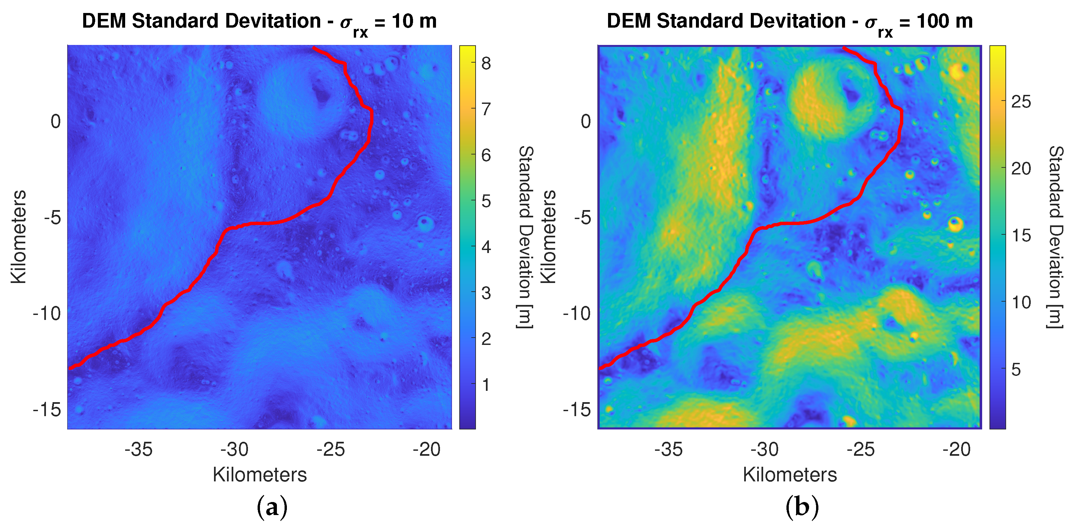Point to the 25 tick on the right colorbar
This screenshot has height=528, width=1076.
click(1021, 102)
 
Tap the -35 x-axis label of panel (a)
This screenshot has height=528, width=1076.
click(139, 450)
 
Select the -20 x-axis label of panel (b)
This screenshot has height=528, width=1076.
click(957, 450)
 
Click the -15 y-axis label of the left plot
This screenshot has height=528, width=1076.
click(47, 410)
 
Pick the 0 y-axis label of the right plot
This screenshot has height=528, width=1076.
click(586, 122)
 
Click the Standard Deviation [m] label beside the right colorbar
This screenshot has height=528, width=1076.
click(1056, 237)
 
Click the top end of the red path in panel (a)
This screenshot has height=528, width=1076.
click(314, 48)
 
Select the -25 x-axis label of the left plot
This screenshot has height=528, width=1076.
click(331, 450)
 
